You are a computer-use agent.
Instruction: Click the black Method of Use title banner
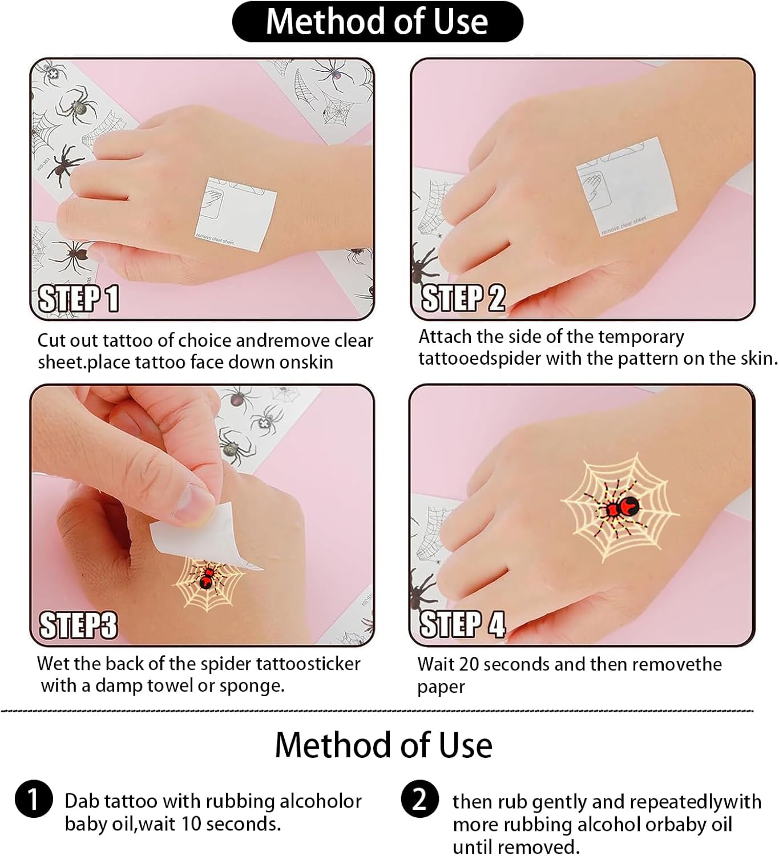pyautogui.click(x=377, y=22)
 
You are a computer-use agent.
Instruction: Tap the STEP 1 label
pyautogui.click(x=79, y=298)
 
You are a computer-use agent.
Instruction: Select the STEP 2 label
pyautogui.click(x=463, y=298)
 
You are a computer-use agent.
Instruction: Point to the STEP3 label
pyautogui.click(x=78, y=625)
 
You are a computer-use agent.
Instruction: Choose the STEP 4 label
pyautogui.click(x=463, y=624)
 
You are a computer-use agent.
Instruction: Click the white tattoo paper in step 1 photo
pyautogui.click(x=236, y=215)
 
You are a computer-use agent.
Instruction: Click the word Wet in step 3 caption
pyautogui.click(x=53, y=664)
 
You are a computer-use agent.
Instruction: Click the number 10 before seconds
pyautogui.click(x=192, y=823)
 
